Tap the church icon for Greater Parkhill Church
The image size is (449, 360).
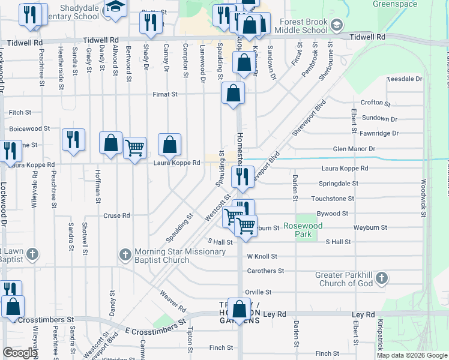click(x=382, y=278)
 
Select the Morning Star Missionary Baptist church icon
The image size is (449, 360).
click(x=125, y=255)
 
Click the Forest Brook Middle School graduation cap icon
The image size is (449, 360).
click(x=337, y=25)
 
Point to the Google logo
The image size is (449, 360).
click(x=20, y=353)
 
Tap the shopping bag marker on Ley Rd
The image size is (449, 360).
click(x=240, y=310)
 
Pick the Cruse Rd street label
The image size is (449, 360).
click(x=116, y=215)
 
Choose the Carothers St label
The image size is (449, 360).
click(x=265, y=271)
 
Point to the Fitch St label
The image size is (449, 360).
click(x=20, y=112)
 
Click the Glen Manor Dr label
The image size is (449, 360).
click(x=354, y=149)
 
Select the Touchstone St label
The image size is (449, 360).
click(x=333, y=198)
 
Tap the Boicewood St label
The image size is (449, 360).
click(x=29, y=128)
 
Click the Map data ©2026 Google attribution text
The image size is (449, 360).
click(x=411, y=355)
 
